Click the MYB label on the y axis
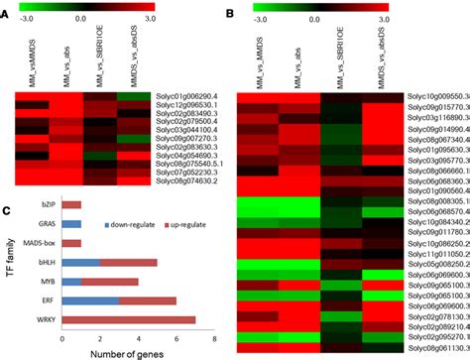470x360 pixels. point(46,282)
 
